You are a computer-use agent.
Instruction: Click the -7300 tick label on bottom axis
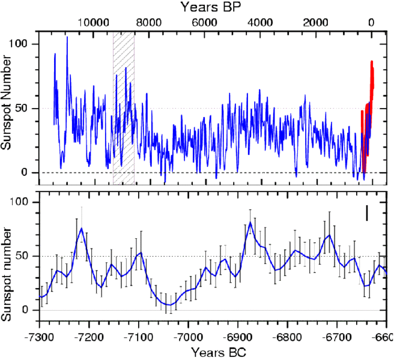point(40,335)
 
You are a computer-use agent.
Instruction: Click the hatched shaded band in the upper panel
point(123,108)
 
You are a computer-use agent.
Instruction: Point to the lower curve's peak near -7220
point(81,229)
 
